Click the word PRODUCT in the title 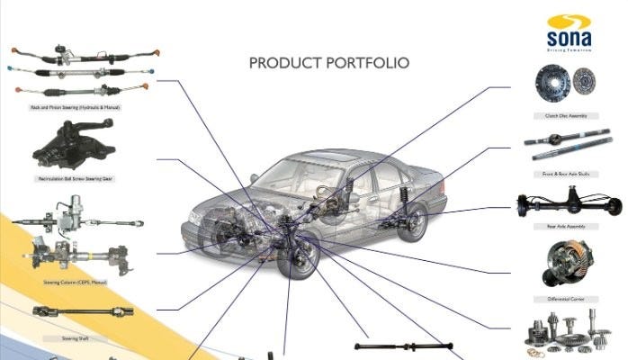tap(282, 63)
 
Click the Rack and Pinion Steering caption tap(76, 107)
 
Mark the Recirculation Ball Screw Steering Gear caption tap(76, 178)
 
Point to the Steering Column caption tap(76, 282)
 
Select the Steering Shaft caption tap(76, 338)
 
